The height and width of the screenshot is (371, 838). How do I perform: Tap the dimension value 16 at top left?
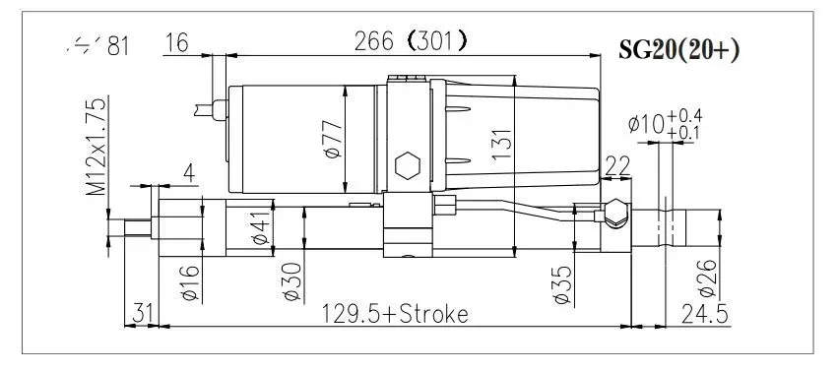[177, 44]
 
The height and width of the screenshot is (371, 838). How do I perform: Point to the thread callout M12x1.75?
[95, 147]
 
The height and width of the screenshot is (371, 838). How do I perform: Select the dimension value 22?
[617, 168]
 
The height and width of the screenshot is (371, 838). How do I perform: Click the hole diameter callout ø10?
[645, 125]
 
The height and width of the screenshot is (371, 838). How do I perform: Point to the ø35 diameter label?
[558, 282]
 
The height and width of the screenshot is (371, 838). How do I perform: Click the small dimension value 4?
[187, 173]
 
